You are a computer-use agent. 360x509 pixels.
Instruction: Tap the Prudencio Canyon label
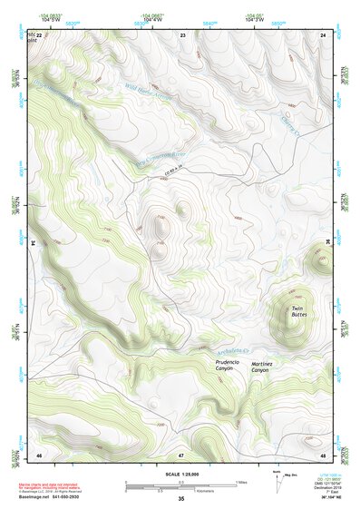point(228,366)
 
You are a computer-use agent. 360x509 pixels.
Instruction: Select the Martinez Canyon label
point(260,366)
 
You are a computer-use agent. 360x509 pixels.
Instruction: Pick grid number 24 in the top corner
point(323,34)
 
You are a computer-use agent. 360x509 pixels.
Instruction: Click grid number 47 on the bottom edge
point(181,454)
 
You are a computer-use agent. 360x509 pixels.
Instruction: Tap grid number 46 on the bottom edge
point(39,454)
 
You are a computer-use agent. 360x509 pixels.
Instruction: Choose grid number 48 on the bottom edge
point(323,454)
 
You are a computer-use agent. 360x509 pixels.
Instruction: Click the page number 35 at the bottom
point(180,499)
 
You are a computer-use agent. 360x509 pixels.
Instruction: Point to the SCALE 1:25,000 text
point(180,474)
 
